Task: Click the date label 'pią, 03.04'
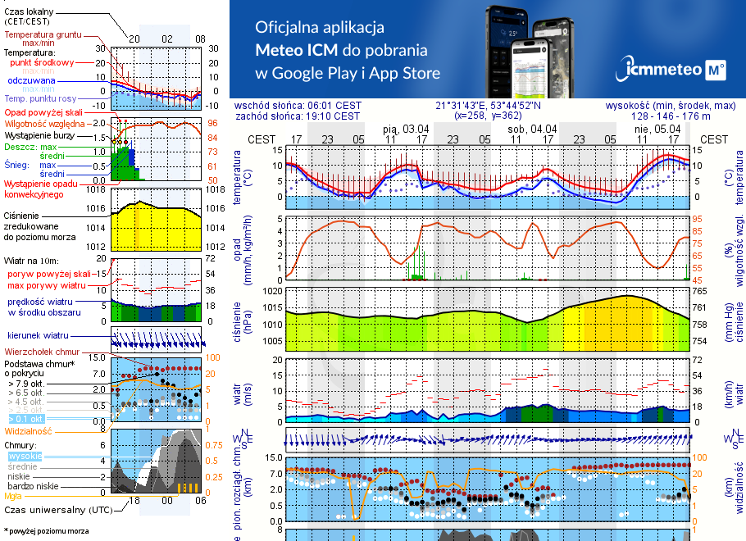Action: (x=406, y=129)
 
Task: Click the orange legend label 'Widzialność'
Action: (x=28, y=430)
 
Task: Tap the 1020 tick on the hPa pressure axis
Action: (x=271, y=290)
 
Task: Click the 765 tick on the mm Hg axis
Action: (x=701, y=290)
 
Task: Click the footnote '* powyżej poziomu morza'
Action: (x=46, y=531)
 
